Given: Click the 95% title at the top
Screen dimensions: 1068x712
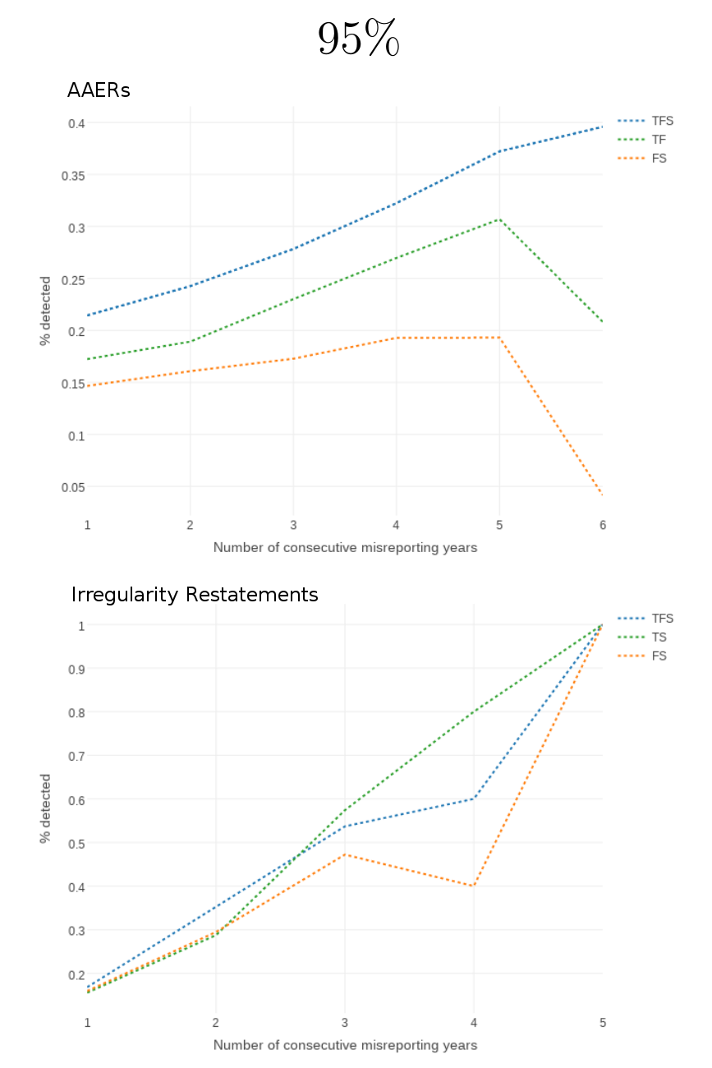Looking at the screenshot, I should pyautogui.click(x=358, y=39).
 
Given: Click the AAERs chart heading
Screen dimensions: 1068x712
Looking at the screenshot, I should pyautogui.click(x=99, y=90).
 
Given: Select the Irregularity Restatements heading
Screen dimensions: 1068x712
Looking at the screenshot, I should pyautogui.click(x=195, y=594).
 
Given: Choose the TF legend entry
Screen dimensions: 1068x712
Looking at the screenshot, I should pyautogui.click(x=659, y=140).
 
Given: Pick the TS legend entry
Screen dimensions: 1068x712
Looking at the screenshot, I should pyautogui.click(x=659, y=637).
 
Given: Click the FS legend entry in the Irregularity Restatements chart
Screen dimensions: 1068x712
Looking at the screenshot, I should pyautogui.click(x=659, y=656).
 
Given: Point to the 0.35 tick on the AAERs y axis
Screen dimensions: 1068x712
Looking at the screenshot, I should pyautogui.click(x=73, y=175).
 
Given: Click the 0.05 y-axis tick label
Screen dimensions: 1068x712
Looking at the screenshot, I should pyautogui.click(x=73, y=487).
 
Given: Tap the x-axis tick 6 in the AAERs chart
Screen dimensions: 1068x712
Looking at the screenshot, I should pyautogui.click(x=603, y=525).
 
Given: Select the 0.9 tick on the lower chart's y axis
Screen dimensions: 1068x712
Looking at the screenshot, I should pyautogui.click(x=76, y=669).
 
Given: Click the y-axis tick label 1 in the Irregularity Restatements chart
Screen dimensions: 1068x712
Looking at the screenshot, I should pyautogui.click(x=81, y=625).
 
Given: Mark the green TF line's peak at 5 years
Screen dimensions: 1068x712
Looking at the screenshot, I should pyautogui.click(x=499, y=219).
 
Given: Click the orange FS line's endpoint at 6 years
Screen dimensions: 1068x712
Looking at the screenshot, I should pyautogui.click(x=602, y=494).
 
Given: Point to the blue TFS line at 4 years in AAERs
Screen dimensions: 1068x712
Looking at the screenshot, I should pyautogui.click(x=397, y=202).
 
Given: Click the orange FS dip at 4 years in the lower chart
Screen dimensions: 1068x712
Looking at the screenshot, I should pyautogui.click(x=474, y=886).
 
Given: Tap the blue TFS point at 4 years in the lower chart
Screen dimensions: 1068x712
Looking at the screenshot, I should pyautogui.click(x=474, y=799).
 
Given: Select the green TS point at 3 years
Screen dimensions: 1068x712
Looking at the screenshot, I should pyautogui.click(x=345, y=810).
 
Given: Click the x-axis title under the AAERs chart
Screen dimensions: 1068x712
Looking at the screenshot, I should pyautogui.click(x=345, y=547).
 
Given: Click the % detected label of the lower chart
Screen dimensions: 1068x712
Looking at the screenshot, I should pyautogui.click(x=46, y=808).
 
